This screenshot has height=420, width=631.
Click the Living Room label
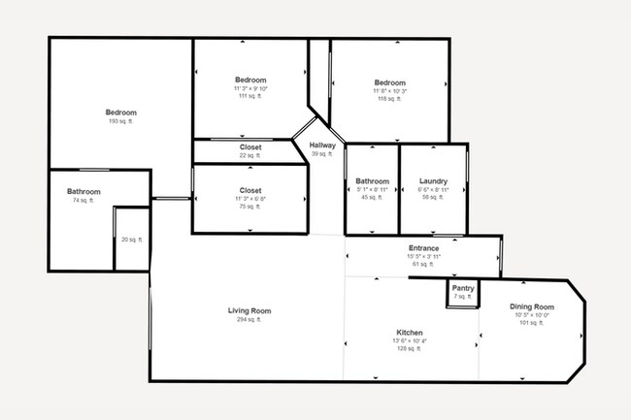point(249,311)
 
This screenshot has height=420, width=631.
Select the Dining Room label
point(531,307)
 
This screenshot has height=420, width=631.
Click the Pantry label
point(463,288)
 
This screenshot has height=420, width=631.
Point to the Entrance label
point(423,248)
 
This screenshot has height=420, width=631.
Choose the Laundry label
point(433,181)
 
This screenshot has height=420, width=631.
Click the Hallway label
point(322,145)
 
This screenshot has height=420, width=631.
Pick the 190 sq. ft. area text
point(121,121)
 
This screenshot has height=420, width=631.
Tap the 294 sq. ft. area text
point(249,320)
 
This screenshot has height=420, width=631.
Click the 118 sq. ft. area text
point(389,98)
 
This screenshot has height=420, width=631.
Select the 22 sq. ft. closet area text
point(249,155)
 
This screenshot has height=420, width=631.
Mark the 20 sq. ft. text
point(131,240)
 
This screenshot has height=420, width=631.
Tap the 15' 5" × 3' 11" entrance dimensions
point(423,256)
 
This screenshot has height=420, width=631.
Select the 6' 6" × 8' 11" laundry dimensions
point(433,189)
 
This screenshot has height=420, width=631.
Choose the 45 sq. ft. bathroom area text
point(372,197)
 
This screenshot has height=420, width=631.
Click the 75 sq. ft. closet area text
point(249,207)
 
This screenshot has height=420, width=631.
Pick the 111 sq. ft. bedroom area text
point(249,96)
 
